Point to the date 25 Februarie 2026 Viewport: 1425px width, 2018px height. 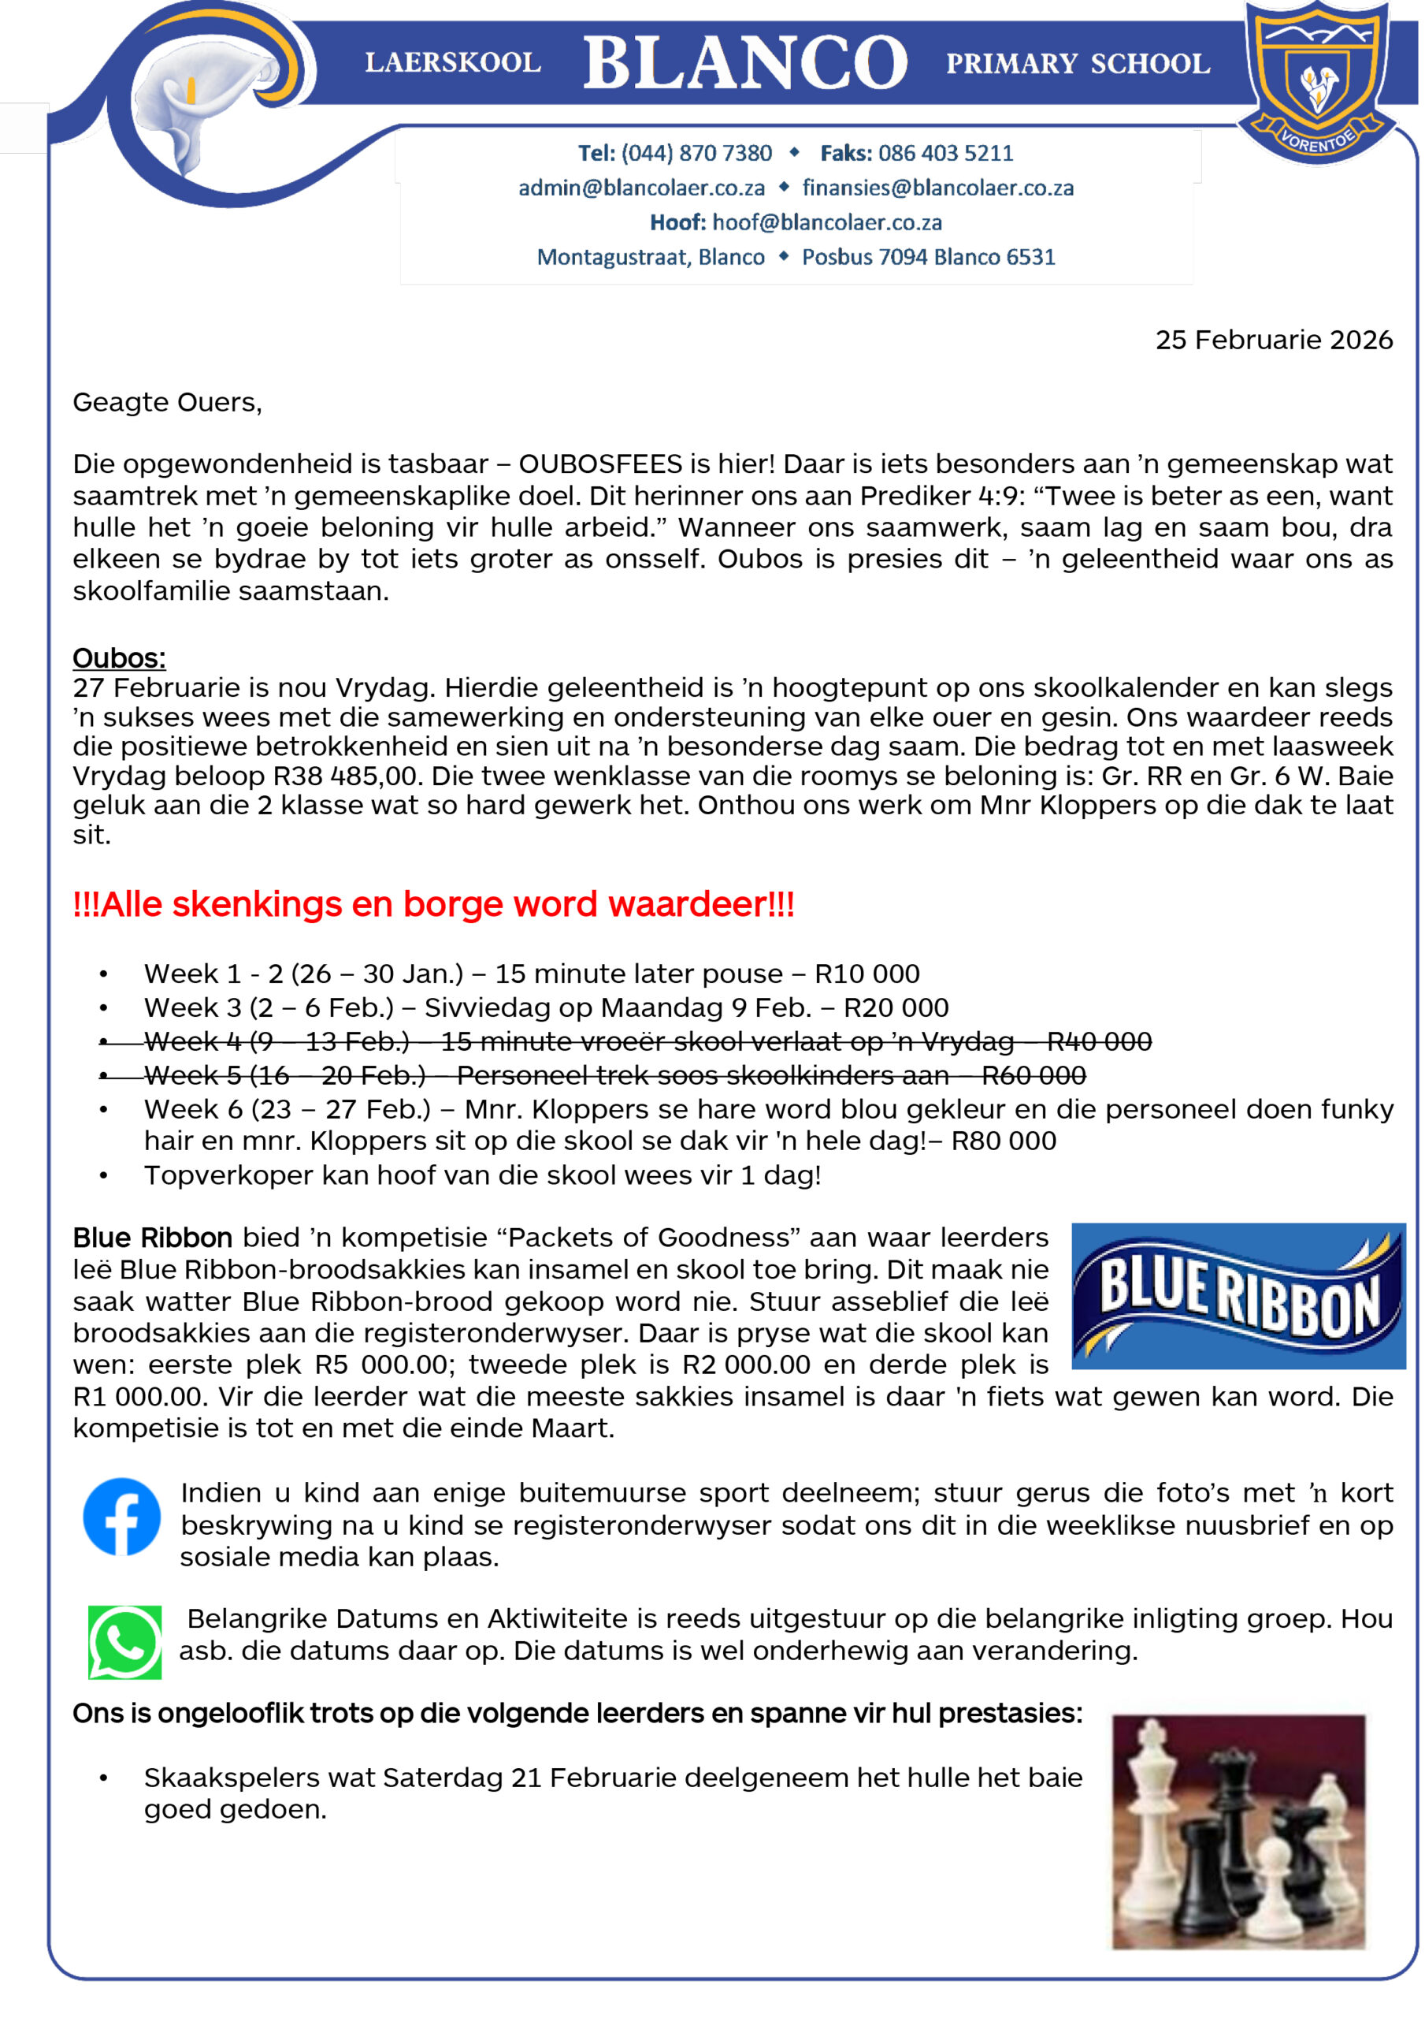[1273, 340]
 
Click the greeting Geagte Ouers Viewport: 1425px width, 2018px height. [167, 403]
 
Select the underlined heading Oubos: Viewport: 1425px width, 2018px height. [120, 658]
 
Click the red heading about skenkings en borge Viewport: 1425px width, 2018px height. [433, 903]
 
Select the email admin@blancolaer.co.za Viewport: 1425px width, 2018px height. [641, 188]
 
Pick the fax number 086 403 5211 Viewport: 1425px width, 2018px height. [945, 153]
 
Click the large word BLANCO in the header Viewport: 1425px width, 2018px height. [745, 62]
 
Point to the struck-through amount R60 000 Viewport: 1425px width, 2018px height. [1033, 1075]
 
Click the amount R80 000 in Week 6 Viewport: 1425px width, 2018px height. [1004, 1141]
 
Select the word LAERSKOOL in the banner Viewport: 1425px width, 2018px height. [452, 63]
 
